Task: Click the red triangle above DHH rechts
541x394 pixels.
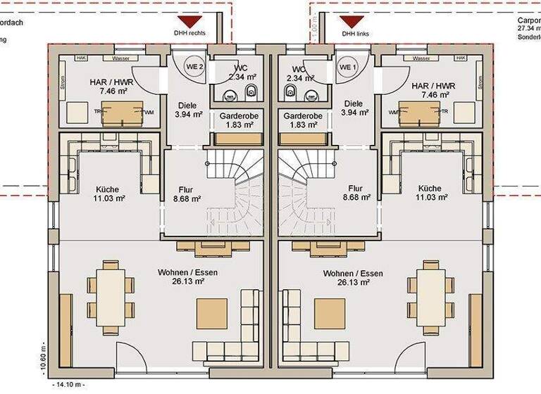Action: [191, 22]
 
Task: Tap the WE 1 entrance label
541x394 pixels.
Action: [349, 66]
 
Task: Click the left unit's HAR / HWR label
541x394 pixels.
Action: [108, 87]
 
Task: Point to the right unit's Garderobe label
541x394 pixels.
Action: [302, 120]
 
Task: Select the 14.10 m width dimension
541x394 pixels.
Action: [68, 385]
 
